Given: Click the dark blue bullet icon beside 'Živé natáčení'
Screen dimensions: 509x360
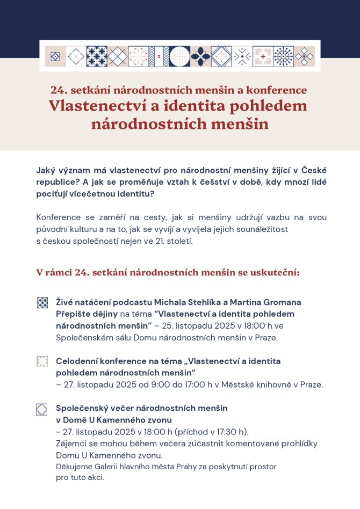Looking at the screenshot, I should pos(42,303).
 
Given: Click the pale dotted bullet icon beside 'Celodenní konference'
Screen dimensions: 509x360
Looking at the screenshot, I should pos(42,361).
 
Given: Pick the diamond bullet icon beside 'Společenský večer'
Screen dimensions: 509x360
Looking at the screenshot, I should pos(42,409).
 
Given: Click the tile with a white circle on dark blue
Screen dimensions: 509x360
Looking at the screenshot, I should pos(180,56).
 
